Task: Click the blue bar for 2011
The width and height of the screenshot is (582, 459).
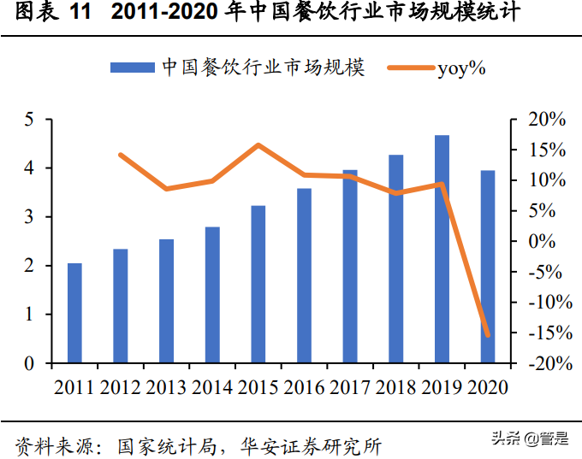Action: click(74, 313)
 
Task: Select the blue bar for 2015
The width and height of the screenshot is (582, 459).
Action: click(258, 284)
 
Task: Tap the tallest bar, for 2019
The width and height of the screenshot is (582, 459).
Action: click(442, 249)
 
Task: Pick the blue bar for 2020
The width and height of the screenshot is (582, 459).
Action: click(488, 267)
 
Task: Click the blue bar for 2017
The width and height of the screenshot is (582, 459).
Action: click(350, 266)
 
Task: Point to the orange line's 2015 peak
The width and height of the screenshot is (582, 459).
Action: click(258, 145)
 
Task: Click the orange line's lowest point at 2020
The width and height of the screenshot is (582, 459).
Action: click(488, 335)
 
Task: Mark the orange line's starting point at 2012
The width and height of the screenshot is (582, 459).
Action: click(121, 155)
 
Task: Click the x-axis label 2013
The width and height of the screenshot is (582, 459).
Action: click(167, 387)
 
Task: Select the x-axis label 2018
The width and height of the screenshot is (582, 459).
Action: click(396, 387)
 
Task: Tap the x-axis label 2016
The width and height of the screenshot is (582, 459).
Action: click(305, 387)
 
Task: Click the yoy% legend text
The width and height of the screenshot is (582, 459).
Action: click(461, 68)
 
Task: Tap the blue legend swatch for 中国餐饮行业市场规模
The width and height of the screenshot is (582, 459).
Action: click(130, 68)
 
